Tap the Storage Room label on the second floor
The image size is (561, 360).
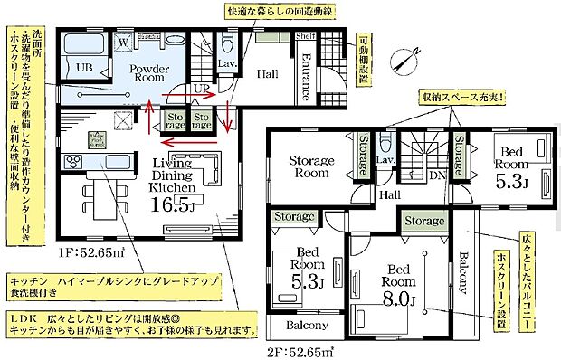[313, 167]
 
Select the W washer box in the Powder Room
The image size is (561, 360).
[121, 42]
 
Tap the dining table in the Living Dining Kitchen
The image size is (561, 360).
[97, 195]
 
